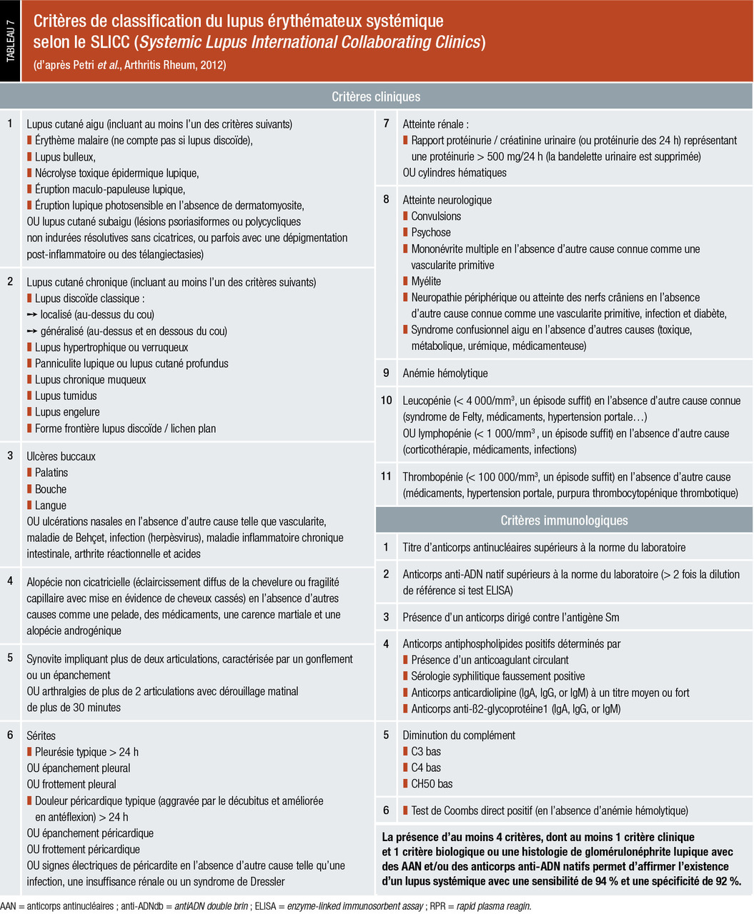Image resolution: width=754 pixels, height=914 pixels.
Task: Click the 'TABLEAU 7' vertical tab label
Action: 11,42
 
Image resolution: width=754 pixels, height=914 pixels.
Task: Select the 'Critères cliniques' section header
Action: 376,96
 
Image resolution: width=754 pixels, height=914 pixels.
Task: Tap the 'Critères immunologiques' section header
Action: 564,521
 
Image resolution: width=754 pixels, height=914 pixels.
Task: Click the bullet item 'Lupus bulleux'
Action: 65,156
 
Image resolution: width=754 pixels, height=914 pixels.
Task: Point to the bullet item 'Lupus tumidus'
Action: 66,396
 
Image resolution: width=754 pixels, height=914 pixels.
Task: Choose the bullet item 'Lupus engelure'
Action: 67,412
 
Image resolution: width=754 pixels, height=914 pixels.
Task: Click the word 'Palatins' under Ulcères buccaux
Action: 51,473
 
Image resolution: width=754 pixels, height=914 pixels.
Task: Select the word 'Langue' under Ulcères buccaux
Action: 51,506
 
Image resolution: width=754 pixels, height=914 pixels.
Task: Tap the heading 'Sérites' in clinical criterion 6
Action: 41,735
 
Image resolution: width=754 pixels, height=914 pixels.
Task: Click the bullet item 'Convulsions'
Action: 436,216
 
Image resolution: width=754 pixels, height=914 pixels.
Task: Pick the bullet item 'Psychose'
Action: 431,233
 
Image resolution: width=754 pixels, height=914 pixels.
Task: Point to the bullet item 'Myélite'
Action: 426,281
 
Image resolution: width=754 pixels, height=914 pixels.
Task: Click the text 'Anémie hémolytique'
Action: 445,373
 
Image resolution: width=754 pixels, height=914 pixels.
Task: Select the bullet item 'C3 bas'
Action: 426,751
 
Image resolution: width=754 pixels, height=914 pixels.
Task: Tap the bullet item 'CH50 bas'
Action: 432,783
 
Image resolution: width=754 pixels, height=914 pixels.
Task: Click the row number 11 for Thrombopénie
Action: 386,477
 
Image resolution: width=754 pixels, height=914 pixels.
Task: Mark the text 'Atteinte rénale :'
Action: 435,124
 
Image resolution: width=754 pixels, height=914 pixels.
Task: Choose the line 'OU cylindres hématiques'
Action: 455,173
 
